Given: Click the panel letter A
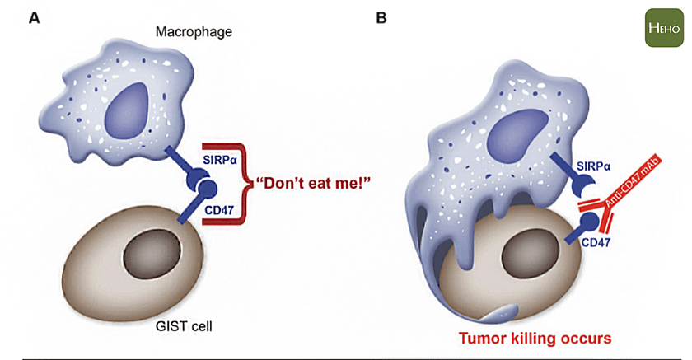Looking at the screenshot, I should coord(34,16).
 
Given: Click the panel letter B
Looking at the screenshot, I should coord(381,16).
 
